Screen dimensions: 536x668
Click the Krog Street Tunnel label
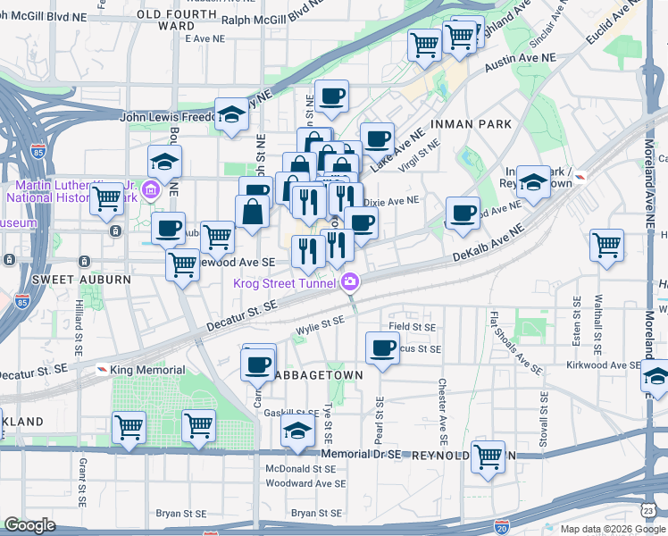284,284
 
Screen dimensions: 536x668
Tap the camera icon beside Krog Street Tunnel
350,283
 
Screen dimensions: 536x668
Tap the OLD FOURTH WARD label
177,20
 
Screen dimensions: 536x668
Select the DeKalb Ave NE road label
488,244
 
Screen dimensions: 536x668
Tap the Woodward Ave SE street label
306,483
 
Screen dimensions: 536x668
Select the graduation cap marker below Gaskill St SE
296,433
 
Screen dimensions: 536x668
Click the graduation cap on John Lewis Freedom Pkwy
231,115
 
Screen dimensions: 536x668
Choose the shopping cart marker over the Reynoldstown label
488,456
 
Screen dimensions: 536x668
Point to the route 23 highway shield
646,510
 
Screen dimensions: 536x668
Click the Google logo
30,525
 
